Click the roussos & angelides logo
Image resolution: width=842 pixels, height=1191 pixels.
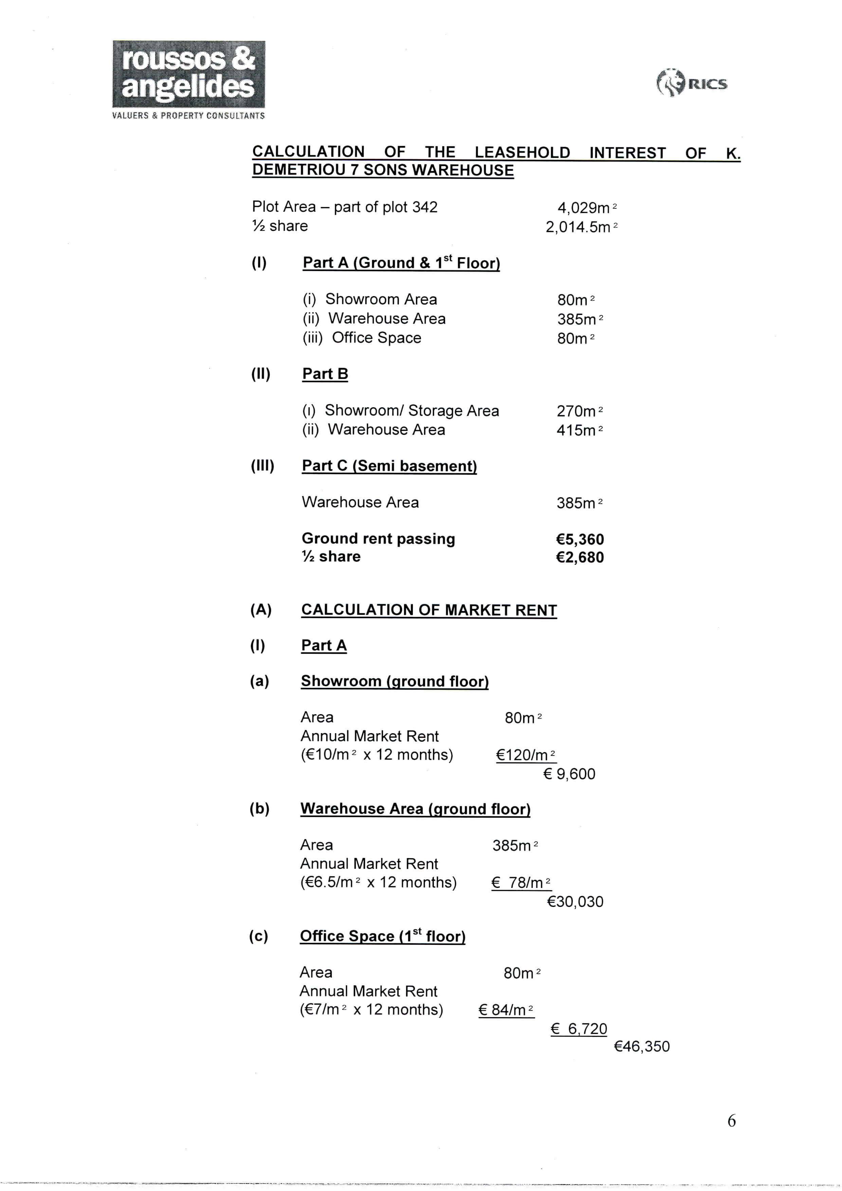click(188, 74)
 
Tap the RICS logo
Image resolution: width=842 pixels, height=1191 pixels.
click(692, 83)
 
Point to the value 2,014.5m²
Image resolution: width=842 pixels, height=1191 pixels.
click(581, 227)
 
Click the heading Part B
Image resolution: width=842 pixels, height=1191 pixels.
click(325, 374)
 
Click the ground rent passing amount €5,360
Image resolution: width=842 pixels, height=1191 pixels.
click(580, 539)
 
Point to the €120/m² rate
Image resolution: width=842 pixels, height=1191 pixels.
click(526, 755)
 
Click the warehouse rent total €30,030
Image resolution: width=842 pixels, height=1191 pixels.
click(575, 901)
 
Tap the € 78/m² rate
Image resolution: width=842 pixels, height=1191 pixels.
click(521, 882)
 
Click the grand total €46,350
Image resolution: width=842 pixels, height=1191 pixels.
click(642, 1046)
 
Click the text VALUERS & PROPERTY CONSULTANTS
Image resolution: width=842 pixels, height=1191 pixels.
click(188, 116)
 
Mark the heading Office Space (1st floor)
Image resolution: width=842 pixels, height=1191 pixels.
click(382, 936)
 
